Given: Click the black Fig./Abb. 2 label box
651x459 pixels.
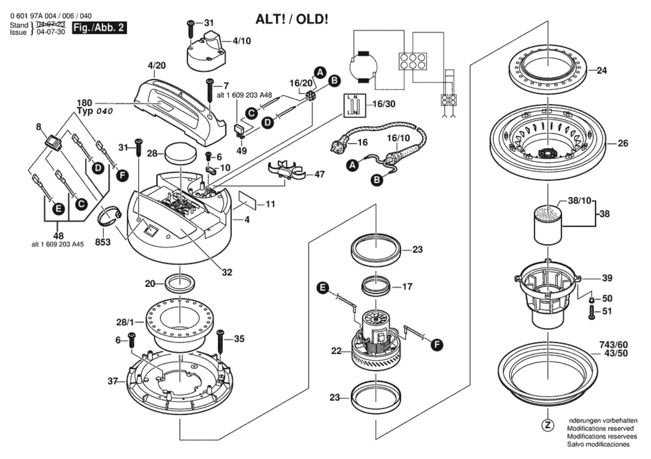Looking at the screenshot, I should click(x=99, y=28).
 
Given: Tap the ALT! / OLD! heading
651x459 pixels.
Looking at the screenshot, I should click(x=292, y=19).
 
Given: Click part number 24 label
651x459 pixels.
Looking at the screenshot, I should click(x=602, y=70).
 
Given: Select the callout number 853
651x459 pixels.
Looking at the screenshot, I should click(x=103, y=242).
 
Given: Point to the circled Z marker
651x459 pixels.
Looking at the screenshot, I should click(x=548, y=433).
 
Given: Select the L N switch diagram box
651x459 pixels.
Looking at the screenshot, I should click(x=354, y=105).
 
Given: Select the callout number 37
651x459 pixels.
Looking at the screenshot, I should click(x=113, y=381).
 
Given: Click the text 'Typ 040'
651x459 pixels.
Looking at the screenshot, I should click(x=95, y=111).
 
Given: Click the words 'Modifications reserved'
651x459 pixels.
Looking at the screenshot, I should click(x=600, y=436).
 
